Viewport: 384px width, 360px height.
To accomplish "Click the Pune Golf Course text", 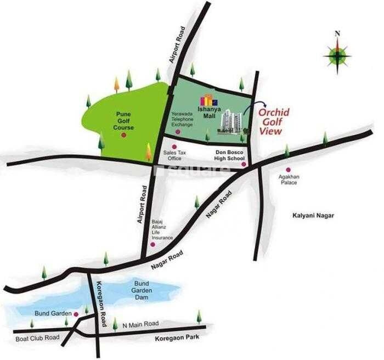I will (x=123, y=121).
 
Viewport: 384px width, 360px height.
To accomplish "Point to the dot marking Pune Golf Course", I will (x=124, y=134).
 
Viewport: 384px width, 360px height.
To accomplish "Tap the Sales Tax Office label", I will (x=174, y=156).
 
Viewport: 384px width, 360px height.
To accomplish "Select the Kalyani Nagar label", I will (x=313, y=216).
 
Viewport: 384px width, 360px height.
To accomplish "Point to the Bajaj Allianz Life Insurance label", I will (x=162, y=230).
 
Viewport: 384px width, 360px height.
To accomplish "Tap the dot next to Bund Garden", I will (x=77, y=314).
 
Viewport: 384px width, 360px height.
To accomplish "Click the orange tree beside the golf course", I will (x=116, y=85).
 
